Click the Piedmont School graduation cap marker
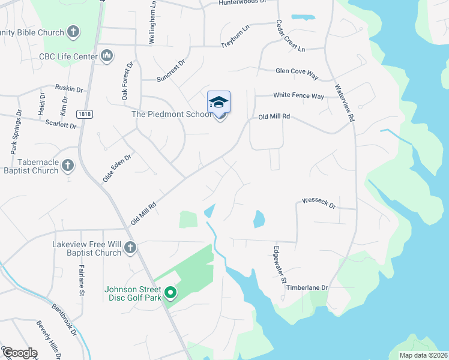(x=219, y=102)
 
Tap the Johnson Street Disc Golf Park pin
(x=170, y=293)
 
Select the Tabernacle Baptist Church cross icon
(x=68, y=164)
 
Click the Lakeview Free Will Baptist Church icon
(x=130, y=247)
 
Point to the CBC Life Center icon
(x=107, y=56)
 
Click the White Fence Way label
(x=298, y=96)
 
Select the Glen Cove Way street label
(x=296, y=71)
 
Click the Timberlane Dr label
(x=307, y=288)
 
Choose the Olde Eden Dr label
(x=116, y=167)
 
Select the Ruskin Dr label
(x=68, y=88)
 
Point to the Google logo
(x=19, y=353)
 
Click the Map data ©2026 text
(x=423, y=355)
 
